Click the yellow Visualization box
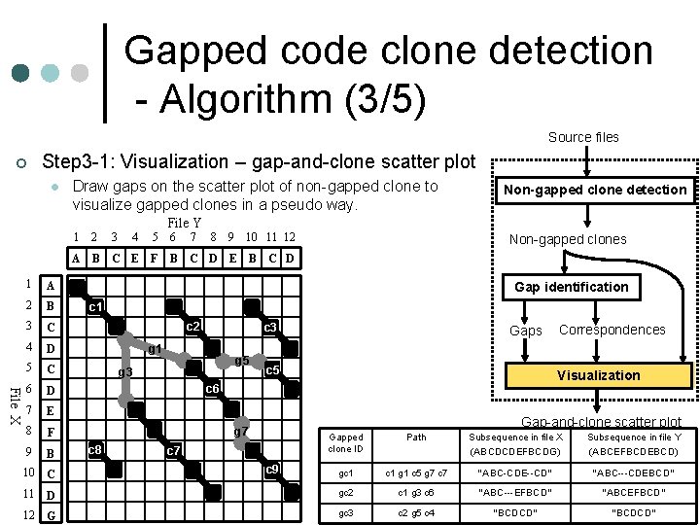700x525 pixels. [597, 375]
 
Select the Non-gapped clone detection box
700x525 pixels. [594, 190]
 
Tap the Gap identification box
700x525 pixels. [571, 287]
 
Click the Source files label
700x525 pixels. [583, 137]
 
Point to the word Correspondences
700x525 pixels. [612, 330]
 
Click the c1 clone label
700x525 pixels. [96, 307]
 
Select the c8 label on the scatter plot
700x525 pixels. [95, 450]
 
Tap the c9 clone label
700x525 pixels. [273, 471]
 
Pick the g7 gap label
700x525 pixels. [241, 431]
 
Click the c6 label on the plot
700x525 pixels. [212, 389]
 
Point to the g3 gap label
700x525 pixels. [124, 372]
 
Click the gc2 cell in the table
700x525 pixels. [345, 493]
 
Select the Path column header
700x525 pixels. [416, 437]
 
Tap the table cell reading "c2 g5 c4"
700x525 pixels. [416, 512]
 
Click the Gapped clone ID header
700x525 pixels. [346, 443]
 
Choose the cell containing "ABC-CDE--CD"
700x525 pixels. [514, 473]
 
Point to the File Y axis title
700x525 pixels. [185, 224]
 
